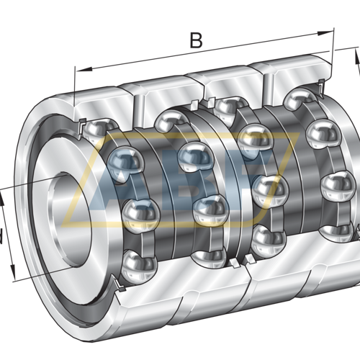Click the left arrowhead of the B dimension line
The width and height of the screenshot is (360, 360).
tap(78, 71)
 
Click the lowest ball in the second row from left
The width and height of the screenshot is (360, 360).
tap(210, 209)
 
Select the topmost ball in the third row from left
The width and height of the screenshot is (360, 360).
tap(225, 107)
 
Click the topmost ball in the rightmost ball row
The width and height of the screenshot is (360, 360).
tap(297, 99)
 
